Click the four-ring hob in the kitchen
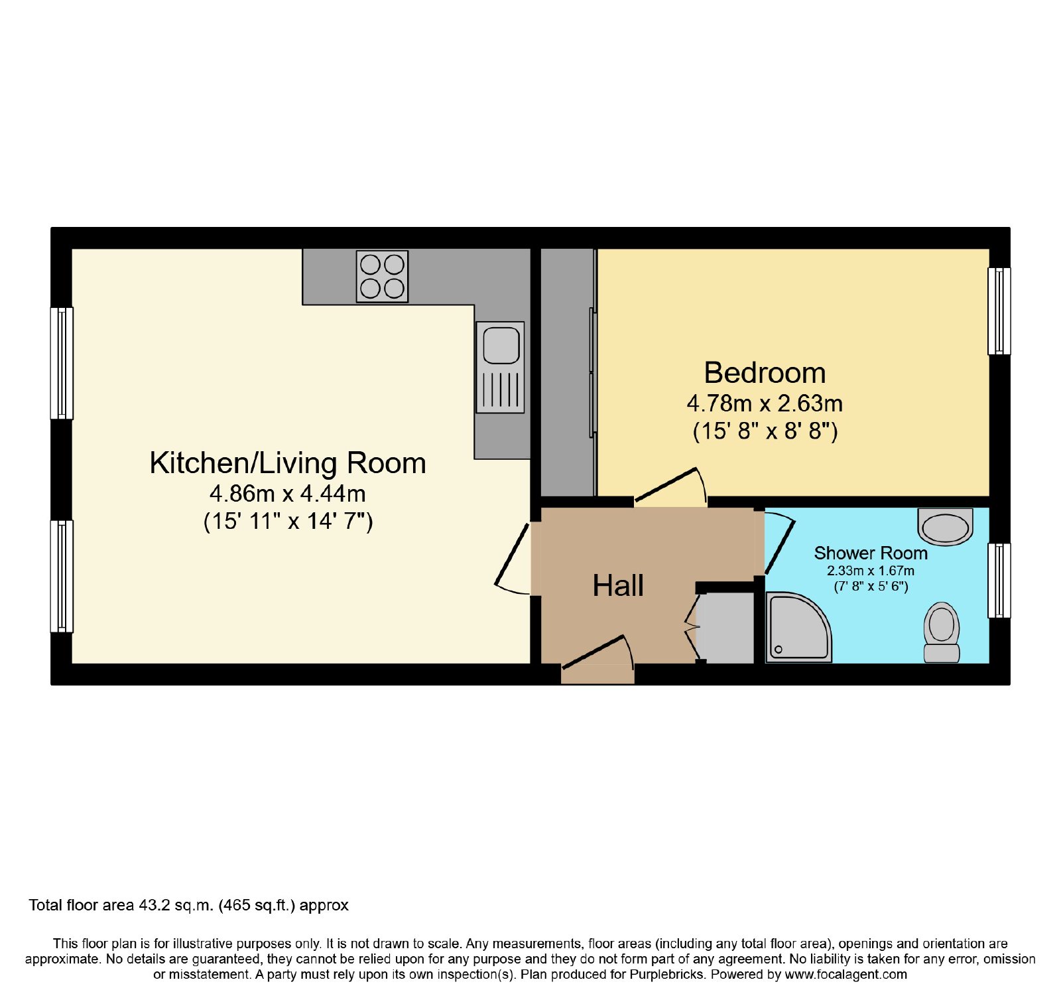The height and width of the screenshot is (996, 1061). coord(382,276)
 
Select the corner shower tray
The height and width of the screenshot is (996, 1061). coord(798,627)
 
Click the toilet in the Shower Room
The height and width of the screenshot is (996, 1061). coord(942,632)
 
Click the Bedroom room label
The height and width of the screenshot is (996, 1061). coord(765,373)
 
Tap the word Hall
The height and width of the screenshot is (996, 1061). coord(618,586)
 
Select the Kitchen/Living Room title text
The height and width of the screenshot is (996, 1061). coord(288,463)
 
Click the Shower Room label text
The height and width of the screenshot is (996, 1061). coord(871,553)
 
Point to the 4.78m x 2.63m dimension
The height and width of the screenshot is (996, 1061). coord(765,403)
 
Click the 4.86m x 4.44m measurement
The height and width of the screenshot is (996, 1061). coord(288,494)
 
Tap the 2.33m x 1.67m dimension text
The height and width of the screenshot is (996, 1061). coord(871,571)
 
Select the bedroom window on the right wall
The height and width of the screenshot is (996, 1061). coord(999,311)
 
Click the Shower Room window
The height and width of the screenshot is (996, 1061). coord(999,581)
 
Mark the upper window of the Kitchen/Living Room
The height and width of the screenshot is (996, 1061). coord(62,363)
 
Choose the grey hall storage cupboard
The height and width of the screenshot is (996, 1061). coord(726,628)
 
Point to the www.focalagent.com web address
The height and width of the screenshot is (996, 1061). coord(845,975)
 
